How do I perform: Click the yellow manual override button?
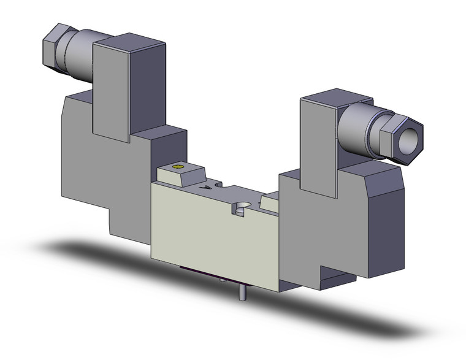pos(178,167)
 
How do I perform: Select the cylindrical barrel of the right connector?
pos(359,123)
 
